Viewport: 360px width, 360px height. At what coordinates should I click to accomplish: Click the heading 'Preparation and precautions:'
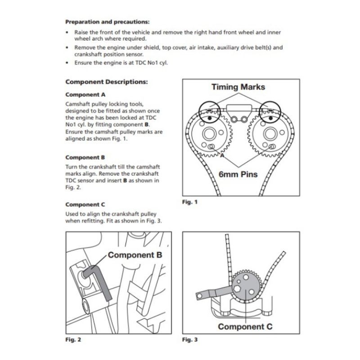[108, 21]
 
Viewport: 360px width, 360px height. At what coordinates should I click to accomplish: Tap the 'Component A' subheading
[85, 95]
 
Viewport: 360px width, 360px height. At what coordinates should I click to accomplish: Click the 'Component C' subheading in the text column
[85, 204]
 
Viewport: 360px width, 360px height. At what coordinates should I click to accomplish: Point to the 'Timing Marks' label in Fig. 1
[238, 86]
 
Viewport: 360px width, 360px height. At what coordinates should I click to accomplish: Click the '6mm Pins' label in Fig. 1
[238, 174]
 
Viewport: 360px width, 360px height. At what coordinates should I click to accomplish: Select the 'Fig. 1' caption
[189, 202]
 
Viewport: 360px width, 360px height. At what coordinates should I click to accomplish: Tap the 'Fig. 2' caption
[73, 339]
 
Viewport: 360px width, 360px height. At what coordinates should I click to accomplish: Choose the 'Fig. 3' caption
[189, 339]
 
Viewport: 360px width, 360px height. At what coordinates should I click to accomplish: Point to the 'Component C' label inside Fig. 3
[245, 326]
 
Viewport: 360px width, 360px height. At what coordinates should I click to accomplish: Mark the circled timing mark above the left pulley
[207, 109]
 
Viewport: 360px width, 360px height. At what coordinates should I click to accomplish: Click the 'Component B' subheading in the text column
[85, 157]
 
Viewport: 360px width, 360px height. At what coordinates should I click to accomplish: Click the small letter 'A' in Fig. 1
[222, 155]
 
